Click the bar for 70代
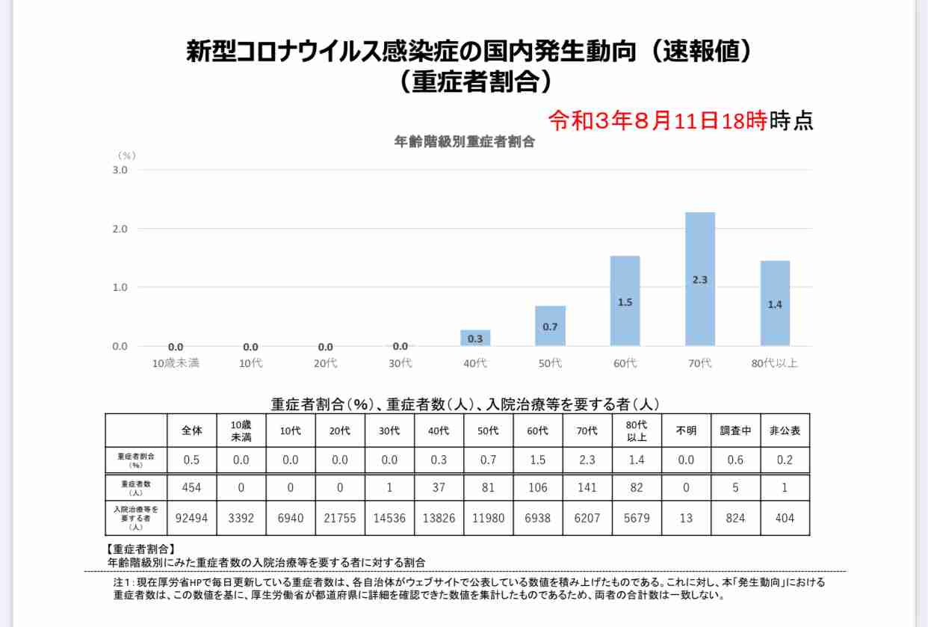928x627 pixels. (699, 279)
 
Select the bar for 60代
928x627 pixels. (625, 300)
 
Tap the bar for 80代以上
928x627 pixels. (775, 303)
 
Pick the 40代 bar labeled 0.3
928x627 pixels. (475, 338)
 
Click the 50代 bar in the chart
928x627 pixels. (550, 326)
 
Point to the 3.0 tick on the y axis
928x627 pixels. (120, 170)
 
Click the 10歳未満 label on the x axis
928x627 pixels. (176, 364)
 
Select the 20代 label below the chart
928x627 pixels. (326, 364)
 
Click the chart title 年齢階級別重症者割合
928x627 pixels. (464, 142)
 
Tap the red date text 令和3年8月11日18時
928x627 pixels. (658, 120)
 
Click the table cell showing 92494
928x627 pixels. (192, 518)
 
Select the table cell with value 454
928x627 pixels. (192, 488)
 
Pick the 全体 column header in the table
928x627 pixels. (192, 431)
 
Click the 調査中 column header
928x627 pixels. (735, 431)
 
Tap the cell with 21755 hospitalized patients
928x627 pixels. (340, 518)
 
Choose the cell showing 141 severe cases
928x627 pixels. (587, 488)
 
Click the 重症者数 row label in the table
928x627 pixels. (136, 488)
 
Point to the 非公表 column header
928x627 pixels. (785, 431)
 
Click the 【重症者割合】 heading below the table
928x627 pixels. (141, 549)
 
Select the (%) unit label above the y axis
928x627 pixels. (126, 155)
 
